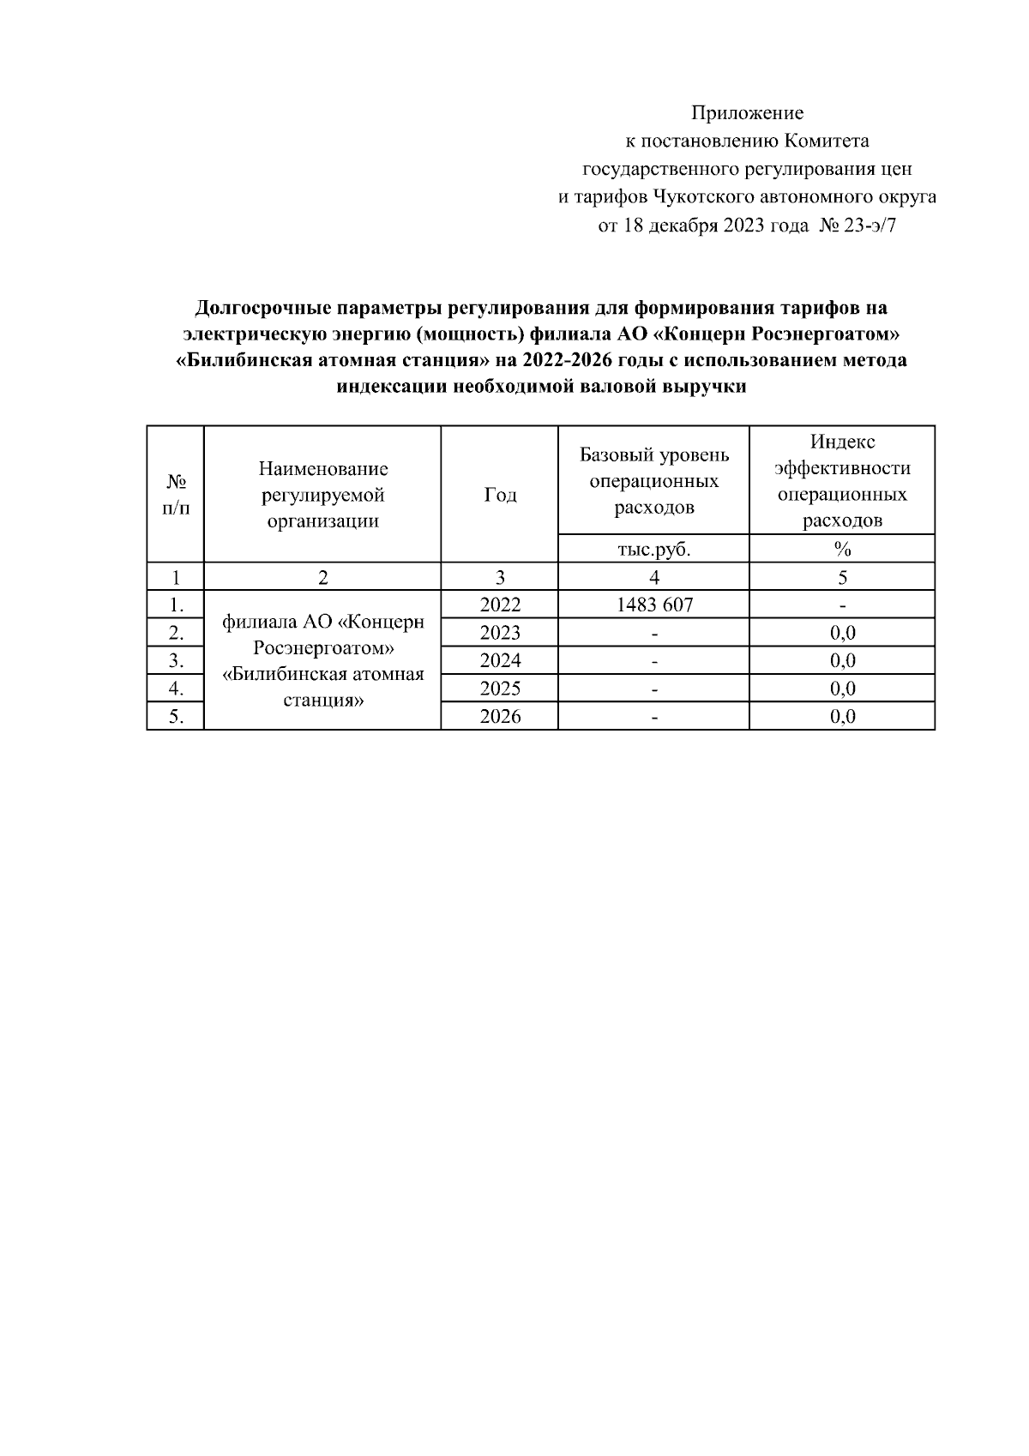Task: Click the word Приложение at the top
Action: coord(747,112)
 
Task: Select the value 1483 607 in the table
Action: coord(653,605)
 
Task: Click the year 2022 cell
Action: coord(500,605)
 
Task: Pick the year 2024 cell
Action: coord(500,660)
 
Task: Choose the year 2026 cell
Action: coord(500,716)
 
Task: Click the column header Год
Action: coord(500,495)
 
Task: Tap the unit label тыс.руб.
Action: coord(653,549)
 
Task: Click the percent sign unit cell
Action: coord(842,549)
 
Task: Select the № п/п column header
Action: coord(176,495)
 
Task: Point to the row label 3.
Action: coord(176,660)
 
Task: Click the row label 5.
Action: coord(176,716)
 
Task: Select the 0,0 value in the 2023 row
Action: coord(842,633)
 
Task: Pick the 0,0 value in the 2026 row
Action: coord(842,716)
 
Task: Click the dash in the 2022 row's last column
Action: coord(842,605)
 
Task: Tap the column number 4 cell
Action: coord(653,577)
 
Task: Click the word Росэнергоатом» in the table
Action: coord(323,647)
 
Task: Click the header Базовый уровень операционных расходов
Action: coord(653,480)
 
